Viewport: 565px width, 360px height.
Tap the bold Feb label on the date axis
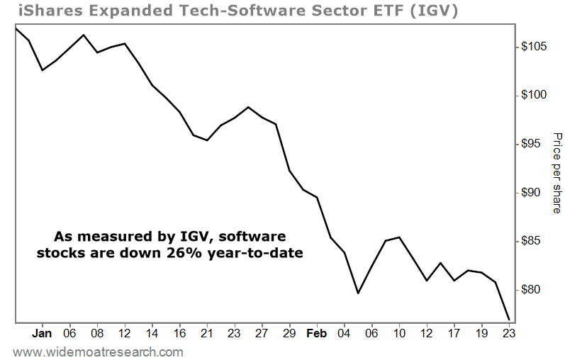pyautogui.click(x=316, y=332)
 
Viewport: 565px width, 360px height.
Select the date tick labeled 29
pyautogui.click(x=289, y=332)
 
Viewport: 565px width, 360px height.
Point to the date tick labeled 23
pyautogui.click(x=509, y=332)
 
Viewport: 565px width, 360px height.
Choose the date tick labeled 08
pyautogui.click(x=97, y=332)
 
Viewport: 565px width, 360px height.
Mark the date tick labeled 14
pyautogui.click(x=152, y=332)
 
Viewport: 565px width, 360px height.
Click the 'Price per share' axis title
pyautogui.click(x=556, y=173)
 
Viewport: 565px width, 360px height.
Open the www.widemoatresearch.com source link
pyautogui.click(x=99, y=351)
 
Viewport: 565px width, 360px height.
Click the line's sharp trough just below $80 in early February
pyautogui.click(x=358, y=293)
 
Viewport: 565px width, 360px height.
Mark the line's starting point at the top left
pyautogui.click(x=15, y=28)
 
